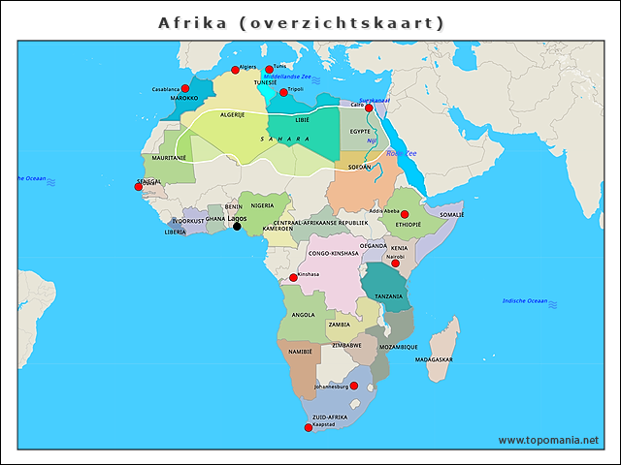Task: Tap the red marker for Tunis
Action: point(270,70)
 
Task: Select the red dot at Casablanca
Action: point(185,88)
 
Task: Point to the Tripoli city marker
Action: point(283,92)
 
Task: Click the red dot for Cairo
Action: point(369,108)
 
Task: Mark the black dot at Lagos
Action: point(237,227)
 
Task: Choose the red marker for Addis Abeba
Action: point(405,215)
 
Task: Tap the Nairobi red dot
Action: point(395,263)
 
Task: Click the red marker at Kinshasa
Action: point(293,278)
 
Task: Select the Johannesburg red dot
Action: point(353,386)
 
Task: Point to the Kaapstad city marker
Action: point(309,427)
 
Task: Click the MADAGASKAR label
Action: point(434,359)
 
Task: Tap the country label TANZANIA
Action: point(388,296)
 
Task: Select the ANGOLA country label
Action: point(303,315)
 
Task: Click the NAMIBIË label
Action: point(301,352)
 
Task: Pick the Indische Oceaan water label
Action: point(526,301)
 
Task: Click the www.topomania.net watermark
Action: point(548,441)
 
